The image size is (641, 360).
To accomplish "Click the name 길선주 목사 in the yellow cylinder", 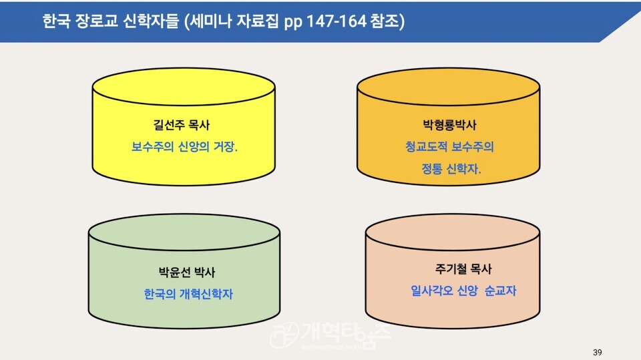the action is [x=182, y=125].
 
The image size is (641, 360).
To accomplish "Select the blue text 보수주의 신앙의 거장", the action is [x=184, y=146].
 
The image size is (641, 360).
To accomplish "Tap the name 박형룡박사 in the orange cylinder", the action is [x=449, y=125].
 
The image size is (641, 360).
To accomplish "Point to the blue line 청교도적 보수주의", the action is [x=449, y=146].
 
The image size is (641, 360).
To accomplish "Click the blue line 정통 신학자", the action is [x=451, y=168].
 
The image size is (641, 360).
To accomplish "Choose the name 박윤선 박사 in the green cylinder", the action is [x=187, y=272].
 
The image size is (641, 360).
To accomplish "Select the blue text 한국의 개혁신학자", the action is [x=188, y=294].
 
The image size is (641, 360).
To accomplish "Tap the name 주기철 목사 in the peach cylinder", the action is [x=463, y=268].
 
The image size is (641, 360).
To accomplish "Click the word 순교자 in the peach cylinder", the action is [x=500, y=291].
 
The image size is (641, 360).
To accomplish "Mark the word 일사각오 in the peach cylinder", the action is [x=432, y=291].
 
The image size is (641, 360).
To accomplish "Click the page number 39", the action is [x=597, y=352].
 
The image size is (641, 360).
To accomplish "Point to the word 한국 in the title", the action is [x=56, y=21].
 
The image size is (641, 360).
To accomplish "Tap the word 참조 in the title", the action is [x=385, y=21].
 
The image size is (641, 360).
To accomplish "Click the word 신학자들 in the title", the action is [x=152, y=21].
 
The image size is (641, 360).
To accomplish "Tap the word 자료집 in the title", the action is [x=259, y=21].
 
